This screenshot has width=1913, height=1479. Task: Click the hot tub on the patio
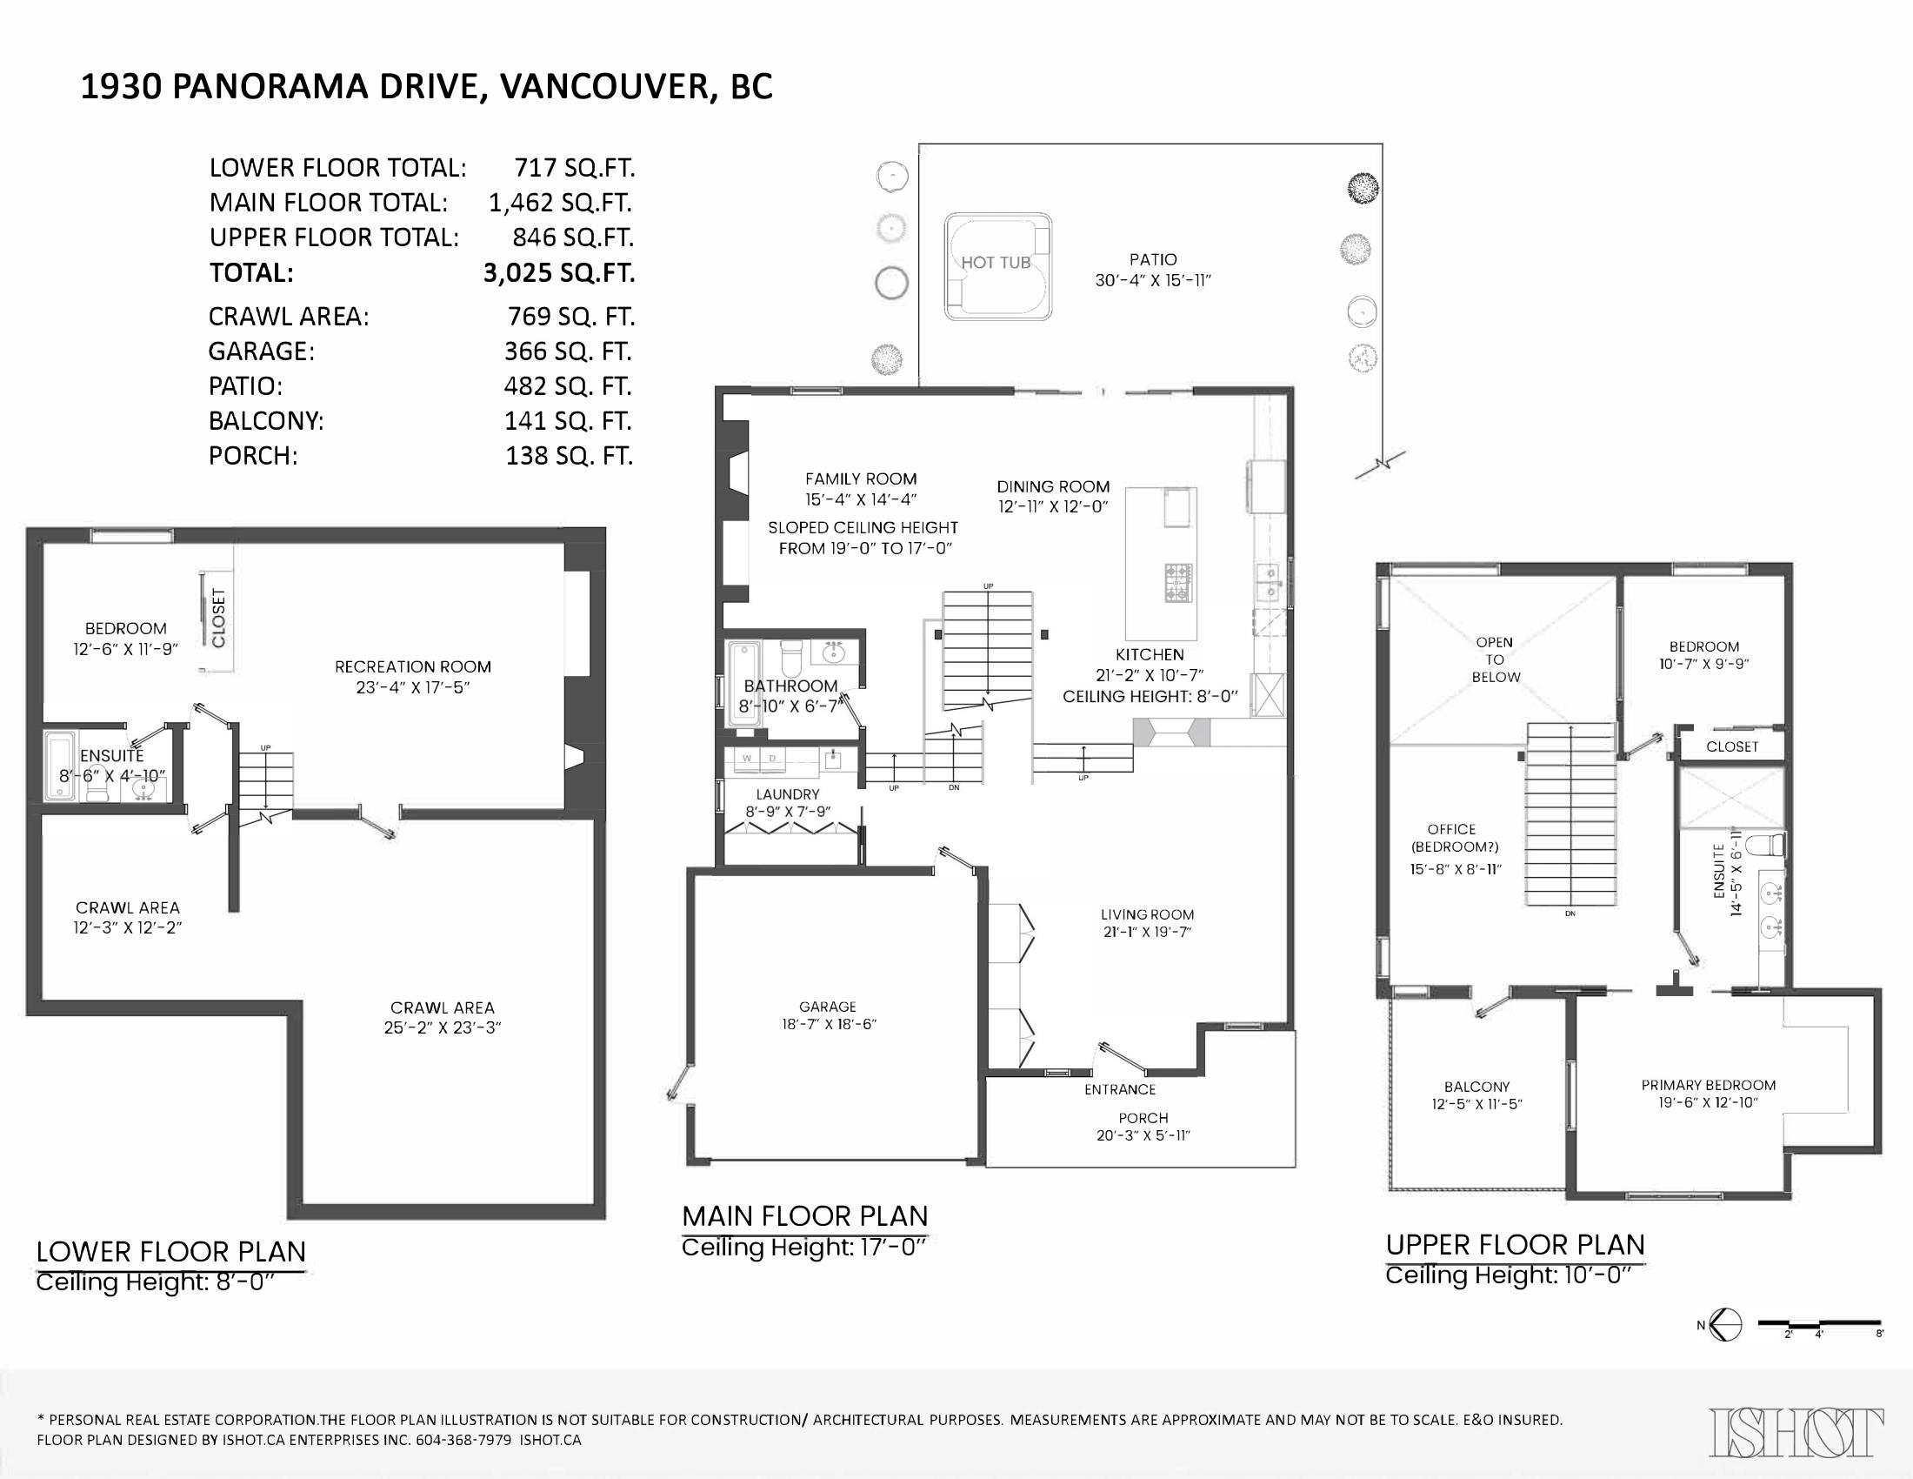click(996, 265)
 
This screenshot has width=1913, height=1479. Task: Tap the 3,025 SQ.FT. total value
click(559, 273)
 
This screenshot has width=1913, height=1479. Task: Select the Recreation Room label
click(412, 666)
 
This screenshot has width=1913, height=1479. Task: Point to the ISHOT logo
click(1796, 1432)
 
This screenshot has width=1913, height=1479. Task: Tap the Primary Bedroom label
click(1708, 1085)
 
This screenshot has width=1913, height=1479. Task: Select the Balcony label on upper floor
click(1476, 1087)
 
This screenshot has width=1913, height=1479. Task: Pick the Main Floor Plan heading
click(804, 1216)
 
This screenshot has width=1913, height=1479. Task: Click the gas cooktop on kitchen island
click(1178, 583)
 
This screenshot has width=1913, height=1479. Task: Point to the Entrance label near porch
click(1119, 1089)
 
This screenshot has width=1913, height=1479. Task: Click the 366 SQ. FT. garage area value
click(568, 351)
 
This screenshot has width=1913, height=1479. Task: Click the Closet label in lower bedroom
click(219, 619)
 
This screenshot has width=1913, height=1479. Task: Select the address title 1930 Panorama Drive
click(427, 87)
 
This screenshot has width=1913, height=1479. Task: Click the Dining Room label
click(1053, 486)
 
